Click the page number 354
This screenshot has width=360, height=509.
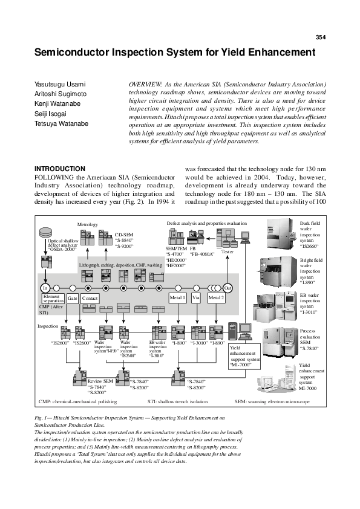pyautogui.click(x=321, y=37)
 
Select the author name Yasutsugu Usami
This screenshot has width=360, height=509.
pyautogui.click(x=59, y=83)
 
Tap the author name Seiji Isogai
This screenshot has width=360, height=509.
pyautogui.click(x=51, y=114)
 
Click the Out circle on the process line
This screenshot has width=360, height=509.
pyautogui.click(x=228, y=288)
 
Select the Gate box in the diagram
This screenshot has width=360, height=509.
pyautogui.click(x=72, y=299)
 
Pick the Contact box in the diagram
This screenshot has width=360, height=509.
pyautogui.click(x=90, y=299)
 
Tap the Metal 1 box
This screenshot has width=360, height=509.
pyautogui.click(x=177, y=298)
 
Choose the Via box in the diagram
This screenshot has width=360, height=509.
pyautogui.click(x=196, y=298)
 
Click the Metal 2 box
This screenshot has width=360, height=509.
pyautogui.click(x=216, y=298)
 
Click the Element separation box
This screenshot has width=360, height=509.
pyautogui.click(x=52, y=299)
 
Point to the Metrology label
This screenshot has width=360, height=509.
pyautogui.click(x=87, y=224)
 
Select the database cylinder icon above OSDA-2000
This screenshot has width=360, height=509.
pyautogui.click(x=45, y=232)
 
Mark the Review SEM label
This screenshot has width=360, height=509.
pyautogui.click(x=100, y=381)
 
